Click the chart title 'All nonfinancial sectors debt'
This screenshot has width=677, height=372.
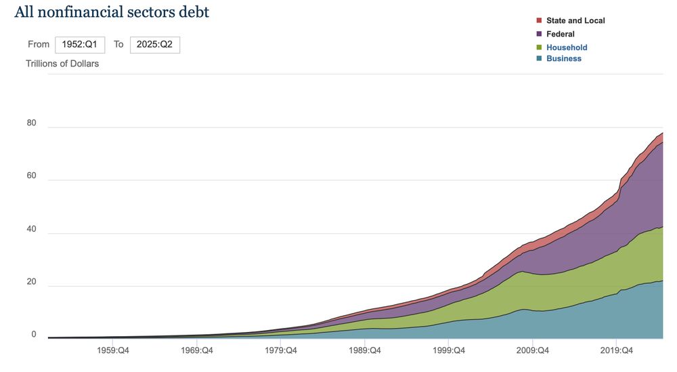pyautogui.click(x=112, y=12)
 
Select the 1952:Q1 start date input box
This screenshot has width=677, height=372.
pyautogui.click(x=80, y=44)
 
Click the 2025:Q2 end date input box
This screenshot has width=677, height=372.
pyautogui.click(x=155, y=44)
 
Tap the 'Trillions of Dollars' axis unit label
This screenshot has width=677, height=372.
pyautogui.click(x=62, y=64)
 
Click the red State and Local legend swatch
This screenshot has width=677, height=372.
pyautogui.click(x=539, y=20)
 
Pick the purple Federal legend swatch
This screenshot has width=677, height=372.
pyautogui.click(x=539, y=34)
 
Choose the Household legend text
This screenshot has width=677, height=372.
pyautogui.click(x=567, y=47)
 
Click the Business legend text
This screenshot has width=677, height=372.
pyautogui.click(x=564, y=58)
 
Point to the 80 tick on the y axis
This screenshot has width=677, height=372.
pyautogui.click(x=31, y=124)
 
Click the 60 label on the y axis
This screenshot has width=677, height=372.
pyautogui.click(x=31, y=177)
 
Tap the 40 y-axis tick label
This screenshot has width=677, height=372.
pyautogui.click(x=31, y=230)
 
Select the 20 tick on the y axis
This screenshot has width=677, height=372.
pyautogui.click(x=31, y=283)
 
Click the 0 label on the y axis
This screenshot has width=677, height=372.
pyautogui.click(x=33, y=335)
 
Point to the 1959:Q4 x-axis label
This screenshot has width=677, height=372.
pyautogui.click(x=114, y=350)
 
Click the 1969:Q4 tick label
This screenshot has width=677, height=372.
pyautogui.click(x=198, y=350)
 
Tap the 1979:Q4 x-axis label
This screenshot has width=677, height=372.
pyautogui.click(x=282, y=350)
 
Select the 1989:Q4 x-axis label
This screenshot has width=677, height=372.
pyautogui.click(x=365, y=350)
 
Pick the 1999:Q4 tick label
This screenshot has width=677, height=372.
pyautogui.click(x=449, y=350)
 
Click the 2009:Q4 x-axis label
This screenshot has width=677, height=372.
pyautogui.click(x=533, y=350)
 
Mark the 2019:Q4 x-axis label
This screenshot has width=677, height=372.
pyautogui.click(x=616, y=350)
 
